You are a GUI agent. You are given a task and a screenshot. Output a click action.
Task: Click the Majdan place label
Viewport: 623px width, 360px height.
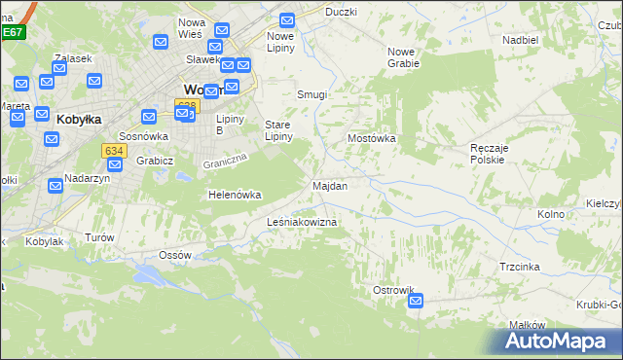(330, 185)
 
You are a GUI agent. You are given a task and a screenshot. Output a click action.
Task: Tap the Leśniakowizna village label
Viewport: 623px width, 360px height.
(302, 223)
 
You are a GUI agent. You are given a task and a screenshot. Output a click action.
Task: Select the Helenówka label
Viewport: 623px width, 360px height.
(236, 195)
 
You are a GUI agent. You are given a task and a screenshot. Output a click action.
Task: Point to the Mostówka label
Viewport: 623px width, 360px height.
(372, 138)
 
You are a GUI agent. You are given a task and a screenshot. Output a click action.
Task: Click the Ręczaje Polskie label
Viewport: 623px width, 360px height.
(487, 152)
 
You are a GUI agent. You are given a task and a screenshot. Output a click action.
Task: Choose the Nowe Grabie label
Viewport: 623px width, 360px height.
(403, 57)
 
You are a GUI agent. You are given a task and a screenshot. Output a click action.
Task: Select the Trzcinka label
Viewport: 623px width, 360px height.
(520, 266)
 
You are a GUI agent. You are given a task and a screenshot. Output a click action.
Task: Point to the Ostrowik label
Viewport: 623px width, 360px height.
(394, 290)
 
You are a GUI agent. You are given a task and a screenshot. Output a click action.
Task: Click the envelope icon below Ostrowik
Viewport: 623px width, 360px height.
(416, 302)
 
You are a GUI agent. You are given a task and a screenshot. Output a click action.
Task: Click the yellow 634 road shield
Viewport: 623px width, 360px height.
(113, 150)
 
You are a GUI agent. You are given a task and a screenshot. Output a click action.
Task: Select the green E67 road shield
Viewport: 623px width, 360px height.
(12, 32)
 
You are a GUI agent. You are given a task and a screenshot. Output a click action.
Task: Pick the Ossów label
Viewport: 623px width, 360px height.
(175, 254)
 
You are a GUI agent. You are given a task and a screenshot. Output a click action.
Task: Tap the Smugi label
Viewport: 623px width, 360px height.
(311, 95)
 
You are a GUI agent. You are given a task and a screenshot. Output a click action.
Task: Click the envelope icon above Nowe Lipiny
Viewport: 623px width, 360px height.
(287, 19)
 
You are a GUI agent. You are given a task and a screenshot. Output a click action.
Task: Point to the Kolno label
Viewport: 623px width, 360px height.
(551, 213)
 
